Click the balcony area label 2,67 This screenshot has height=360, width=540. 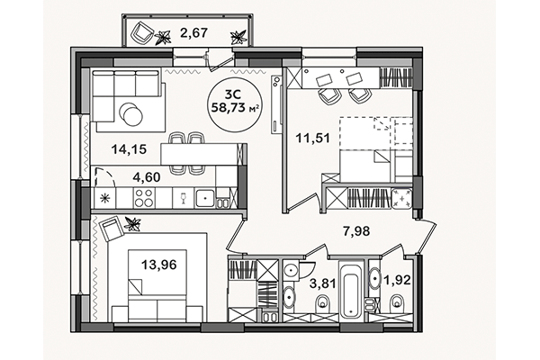tap(193, 34)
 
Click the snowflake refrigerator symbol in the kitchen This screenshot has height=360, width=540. tap(107, 197)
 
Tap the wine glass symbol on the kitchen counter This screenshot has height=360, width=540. tap(183, 197)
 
